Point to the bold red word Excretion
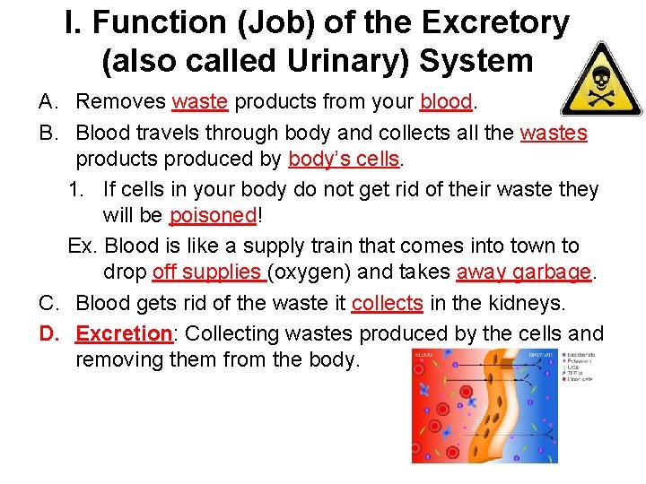[x=124, y=333]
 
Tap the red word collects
[x=387, y=304]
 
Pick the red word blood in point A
[x=445, y=102]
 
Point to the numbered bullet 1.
[x=75, y=190]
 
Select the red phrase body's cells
[x=344, y=160]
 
